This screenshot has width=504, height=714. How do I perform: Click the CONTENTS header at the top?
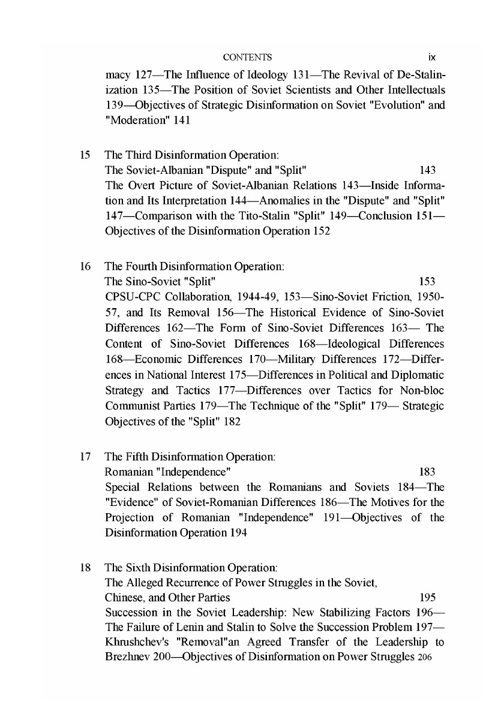(247, 58)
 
